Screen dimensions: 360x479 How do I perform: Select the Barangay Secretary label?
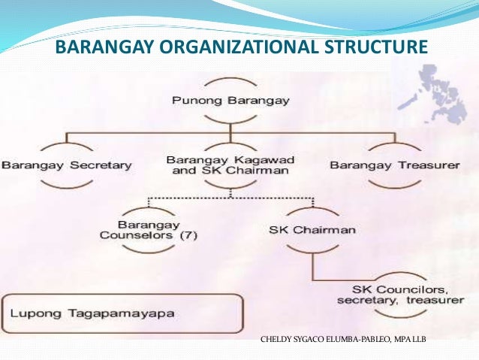[x=67, y=165]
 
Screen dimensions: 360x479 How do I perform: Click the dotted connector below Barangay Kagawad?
[x=230, y=198]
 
